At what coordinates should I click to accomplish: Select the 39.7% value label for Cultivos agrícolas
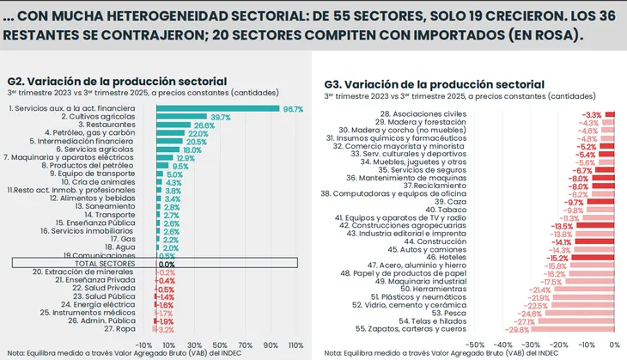pyautogui.click(x=220, y=117)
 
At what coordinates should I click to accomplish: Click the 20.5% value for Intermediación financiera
pyautogui.click(x=197, y=142)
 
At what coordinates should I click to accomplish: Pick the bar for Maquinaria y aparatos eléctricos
pyautogui.click(x=164, y=158)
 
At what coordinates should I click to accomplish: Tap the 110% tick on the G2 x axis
pyautogui.click(x=295, y=345)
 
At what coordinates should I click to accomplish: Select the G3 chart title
pyautogui.click(x=434, y=84)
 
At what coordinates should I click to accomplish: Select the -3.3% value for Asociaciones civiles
pyautogui.click(x=592, y=114)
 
